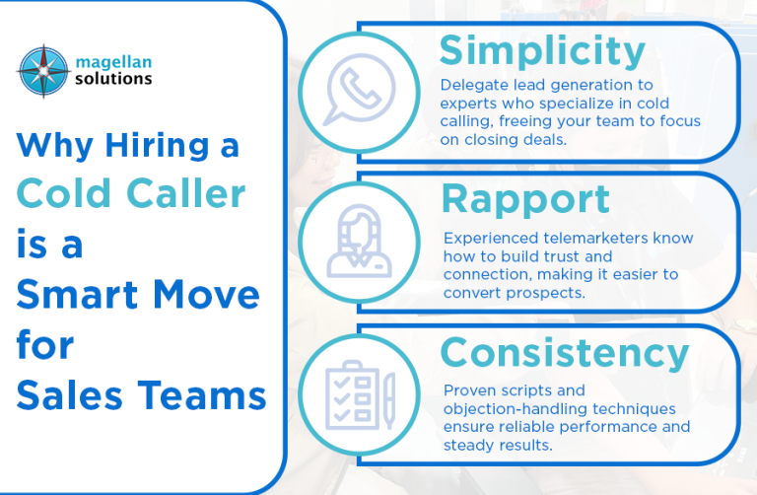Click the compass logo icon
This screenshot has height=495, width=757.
(x=43, y=71)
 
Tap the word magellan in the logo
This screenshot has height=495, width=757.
(x=113, y=63)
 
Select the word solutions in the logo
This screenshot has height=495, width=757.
(x=113, y=79)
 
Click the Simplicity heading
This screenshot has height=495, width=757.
(x=542, y=51)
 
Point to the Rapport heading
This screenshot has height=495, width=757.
(x=525, y=200)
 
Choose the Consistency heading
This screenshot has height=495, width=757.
(x=565, y=354)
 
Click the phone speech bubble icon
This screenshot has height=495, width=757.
(x=359, y=90)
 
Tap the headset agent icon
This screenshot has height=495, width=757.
(x=359, y=242)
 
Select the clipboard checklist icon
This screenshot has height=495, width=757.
(x=354, y=395)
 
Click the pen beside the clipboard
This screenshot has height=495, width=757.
(x=389, y=400)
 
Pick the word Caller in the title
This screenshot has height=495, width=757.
(x=186, y=193)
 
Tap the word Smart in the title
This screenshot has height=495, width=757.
(x=77, y=294)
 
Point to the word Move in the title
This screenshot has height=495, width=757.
(x=207, y=294)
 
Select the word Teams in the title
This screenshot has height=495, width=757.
(x=202, y=395)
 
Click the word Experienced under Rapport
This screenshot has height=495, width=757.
(x=491, y=239)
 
